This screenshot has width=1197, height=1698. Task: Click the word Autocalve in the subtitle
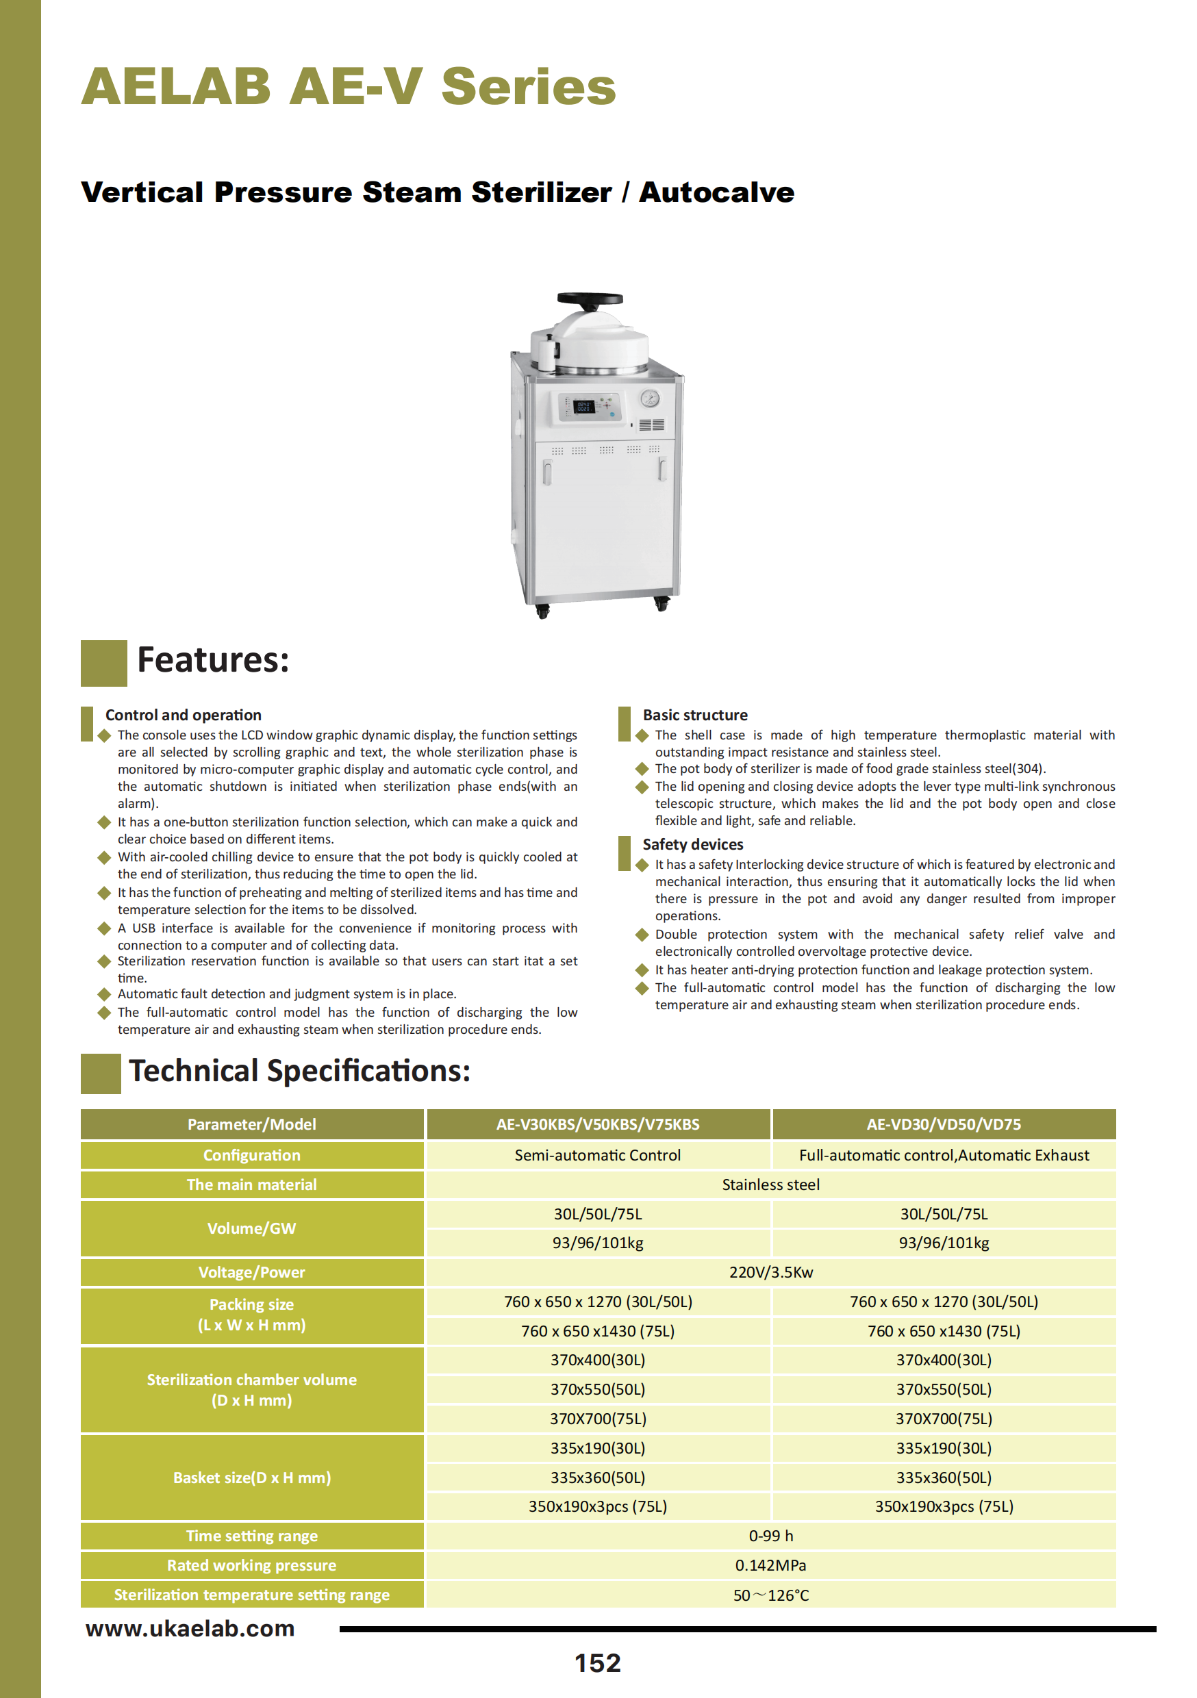tap(716, 192)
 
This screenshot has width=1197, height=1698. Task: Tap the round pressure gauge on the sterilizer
tap(650, 398)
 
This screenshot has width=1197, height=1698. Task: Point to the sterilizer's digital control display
tap(583, 406)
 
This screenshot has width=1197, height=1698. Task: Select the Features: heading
tap(213, 659)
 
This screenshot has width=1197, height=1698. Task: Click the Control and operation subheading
tap(184, 715)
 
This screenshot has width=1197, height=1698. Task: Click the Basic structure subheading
tap(694, 715)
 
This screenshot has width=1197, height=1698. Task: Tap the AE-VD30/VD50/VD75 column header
tap(943, 1124)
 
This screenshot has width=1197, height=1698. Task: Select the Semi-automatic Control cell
tap(598, 1155)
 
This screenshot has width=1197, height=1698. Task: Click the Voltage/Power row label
tap(251, 1272)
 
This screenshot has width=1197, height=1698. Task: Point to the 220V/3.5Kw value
tap(771, 1272)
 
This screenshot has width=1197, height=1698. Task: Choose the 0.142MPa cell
tap(771, 1565)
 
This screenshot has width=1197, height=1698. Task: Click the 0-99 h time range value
tap(771, 1536)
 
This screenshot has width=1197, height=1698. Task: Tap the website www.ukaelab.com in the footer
tap(190, 1628)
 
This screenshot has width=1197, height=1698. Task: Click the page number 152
tap(598, 1663)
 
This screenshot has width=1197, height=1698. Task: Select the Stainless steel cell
tap(771, 1184)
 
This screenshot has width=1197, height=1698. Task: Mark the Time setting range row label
tap(251, 1536)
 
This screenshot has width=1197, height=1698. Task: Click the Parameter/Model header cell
tap(251, 1124)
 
